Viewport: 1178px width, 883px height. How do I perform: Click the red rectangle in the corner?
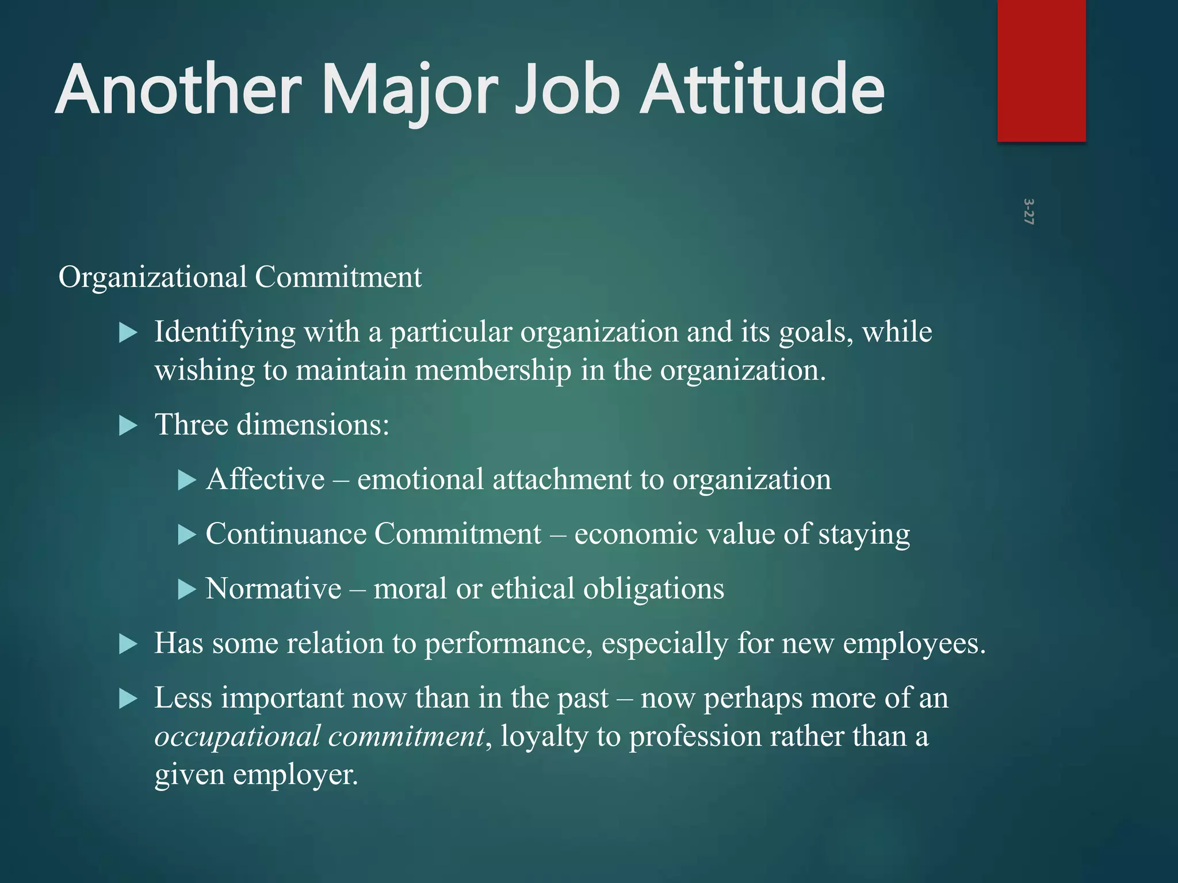tap(1041, 70)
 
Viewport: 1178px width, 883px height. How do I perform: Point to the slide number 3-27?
tap(1028, 212)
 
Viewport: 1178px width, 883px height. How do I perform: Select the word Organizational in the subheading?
tap(152, 277)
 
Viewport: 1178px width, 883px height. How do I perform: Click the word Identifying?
tap(224, 332)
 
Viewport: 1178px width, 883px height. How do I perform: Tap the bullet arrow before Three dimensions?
tap(128, 426)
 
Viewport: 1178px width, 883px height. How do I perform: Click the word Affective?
tap(265, 479)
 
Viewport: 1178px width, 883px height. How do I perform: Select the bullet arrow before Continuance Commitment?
tap(187, 535)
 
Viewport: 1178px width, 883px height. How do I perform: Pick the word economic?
tap(636, 534)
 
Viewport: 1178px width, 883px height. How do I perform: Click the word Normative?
tap(273, 589)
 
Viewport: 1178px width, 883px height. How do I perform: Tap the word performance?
tap(508, 643)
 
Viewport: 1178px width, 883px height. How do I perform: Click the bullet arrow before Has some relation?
tap(128, 644)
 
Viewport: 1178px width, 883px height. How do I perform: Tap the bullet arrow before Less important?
tap(128, 699)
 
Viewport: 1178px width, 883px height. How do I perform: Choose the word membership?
tap(493, 370)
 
